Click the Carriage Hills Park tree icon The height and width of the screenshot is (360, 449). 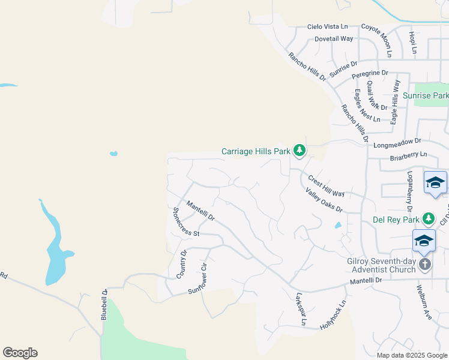(300, 151)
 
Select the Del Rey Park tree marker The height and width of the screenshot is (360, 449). (428, 219)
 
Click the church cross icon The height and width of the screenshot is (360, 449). (424, 265)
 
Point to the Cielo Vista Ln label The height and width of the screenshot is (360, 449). (327, 27)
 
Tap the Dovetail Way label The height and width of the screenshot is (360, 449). (334, 39)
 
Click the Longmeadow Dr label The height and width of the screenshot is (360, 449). (397, 142)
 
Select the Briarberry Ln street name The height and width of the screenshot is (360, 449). (408, 154)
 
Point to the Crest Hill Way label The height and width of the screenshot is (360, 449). (326, 186)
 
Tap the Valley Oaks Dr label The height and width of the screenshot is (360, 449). (324, 200)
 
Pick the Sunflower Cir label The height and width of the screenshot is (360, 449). (201, 279)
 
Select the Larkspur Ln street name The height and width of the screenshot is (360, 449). (301, 309)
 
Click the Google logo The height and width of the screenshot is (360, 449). (20, 353)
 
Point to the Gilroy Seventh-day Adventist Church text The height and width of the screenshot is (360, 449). (381, 265)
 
